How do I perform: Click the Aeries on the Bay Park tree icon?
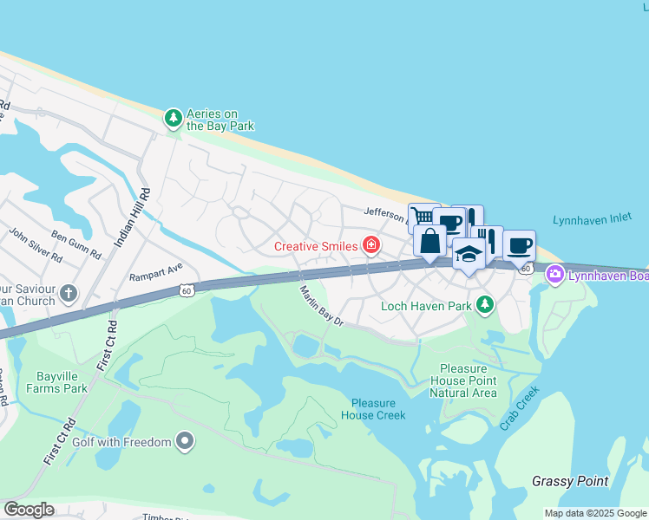tap(174, 117)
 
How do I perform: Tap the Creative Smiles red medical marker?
tap(371, 245)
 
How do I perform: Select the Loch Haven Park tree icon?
tap(485, 304)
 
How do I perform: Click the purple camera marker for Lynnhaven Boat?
tap(554, 275)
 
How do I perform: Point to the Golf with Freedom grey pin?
tap(184, 442)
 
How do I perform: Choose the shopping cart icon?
tap(423, 217)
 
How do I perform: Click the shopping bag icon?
tap(430, 241)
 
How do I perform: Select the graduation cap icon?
tap(469, 254)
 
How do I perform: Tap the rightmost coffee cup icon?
tap(519, 246)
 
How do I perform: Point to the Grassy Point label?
tap(570, 481)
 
